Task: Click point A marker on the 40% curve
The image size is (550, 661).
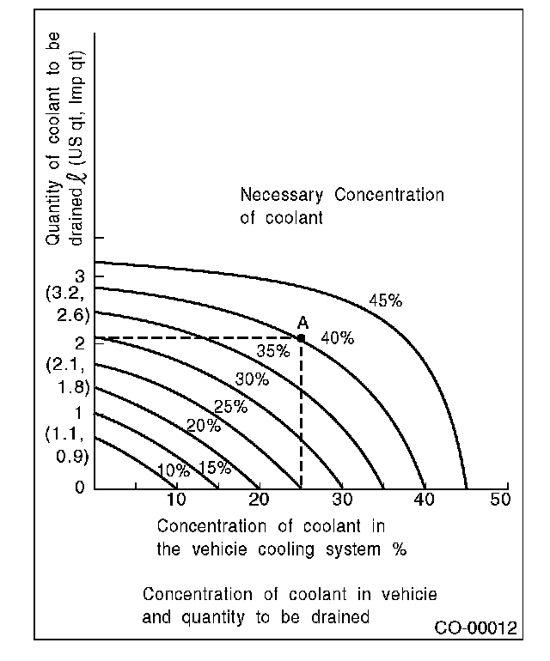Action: (301, 338)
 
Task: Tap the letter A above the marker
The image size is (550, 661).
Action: (302, 323)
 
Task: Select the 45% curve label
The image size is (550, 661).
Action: (385, 300)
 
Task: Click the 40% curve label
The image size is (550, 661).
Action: (337, 338)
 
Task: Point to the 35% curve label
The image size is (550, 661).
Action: (272, 350)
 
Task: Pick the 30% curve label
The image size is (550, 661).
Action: (252, 379)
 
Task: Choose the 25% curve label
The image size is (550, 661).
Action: (230, 407)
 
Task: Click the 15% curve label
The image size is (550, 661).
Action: (214, 468)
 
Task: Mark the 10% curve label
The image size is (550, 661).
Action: (174, 470)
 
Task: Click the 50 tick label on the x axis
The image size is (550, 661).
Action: (501, 500)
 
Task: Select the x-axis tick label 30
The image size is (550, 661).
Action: (342, 500)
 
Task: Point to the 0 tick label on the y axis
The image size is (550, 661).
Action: (79, 488)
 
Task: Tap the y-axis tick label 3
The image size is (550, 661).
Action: (79, 276)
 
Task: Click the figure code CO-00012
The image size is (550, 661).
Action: (475, 628)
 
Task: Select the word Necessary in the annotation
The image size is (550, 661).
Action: (284, 195)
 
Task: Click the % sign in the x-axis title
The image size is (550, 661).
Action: (399, 549)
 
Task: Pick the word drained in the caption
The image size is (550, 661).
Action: (341, 616)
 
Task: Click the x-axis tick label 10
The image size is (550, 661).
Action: (175, 500)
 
